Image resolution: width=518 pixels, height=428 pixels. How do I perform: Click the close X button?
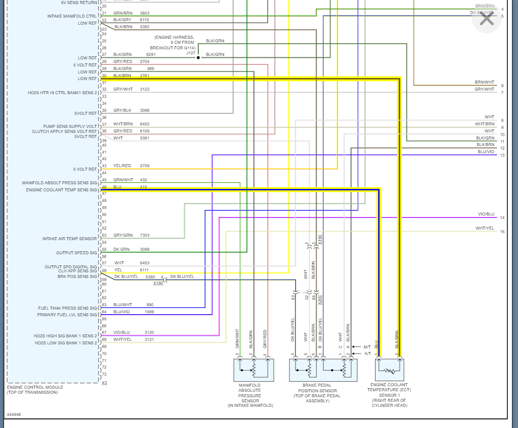click(487, 19)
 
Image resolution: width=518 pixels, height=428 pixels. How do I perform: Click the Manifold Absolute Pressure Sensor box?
click(254, 370)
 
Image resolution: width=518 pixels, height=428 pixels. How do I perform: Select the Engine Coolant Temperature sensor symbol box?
click(390, 370)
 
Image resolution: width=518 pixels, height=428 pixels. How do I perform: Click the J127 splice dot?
click(198, 57)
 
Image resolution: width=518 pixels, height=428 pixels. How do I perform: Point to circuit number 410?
click(143, 187)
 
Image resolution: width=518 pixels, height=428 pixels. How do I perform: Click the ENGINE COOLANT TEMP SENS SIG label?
click(61, 190)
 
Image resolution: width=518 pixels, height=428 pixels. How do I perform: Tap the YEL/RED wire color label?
click(122, 166)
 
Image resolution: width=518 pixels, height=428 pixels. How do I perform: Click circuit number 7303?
click(144, 235)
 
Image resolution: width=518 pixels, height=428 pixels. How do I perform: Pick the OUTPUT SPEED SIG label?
click(77, 253)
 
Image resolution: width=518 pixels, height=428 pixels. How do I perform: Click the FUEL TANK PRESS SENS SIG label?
click(67, 308)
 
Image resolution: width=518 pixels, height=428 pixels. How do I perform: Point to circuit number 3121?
click(150, 339)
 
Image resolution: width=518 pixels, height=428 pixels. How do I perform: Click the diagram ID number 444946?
click(14, 415)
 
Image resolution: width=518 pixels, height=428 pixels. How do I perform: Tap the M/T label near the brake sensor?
click(367, 347)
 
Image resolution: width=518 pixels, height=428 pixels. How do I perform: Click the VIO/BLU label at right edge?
click(486, 215)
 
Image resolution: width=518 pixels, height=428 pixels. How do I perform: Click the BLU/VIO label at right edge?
click(486, 152)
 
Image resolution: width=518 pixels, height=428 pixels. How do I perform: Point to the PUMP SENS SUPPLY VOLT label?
click(70, 126)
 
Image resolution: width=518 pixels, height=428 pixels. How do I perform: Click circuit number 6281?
click(151, 54)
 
